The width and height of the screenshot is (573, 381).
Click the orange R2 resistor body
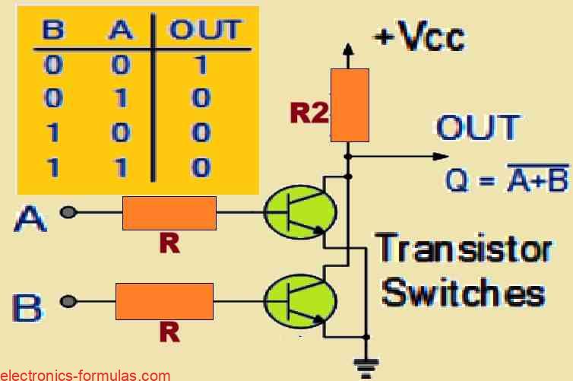point(350,105)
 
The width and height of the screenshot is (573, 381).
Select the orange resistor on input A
point(169,213)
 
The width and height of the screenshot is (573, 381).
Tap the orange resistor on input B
point(164,301)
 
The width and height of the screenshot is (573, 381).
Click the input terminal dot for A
point(69,213)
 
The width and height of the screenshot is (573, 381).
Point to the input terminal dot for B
point(69,301)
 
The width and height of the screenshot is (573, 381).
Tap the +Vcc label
point(420,36)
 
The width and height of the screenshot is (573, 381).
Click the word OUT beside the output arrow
point(477,128)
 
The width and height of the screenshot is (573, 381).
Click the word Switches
point(464,292)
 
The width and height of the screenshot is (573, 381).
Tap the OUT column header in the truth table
point(204,31)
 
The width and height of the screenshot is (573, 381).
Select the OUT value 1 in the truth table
point(201,65)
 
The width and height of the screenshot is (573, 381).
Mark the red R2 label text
point(309,113)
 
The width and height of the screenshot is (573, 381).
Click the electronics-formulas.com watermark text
point(85,375)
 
